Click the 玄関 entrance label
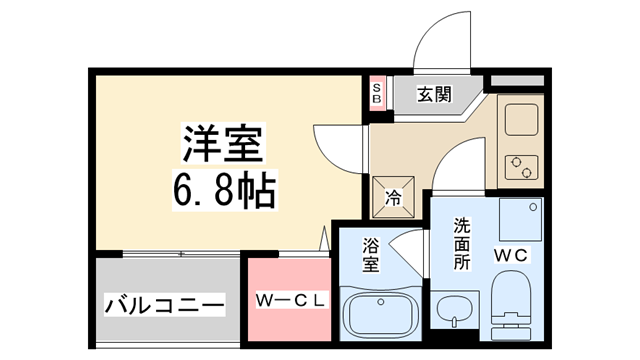tap(433, 96)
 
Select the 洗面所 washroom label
tap(461, 242)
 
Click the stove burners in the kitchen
tap(521, 166)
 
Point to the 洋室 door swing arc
tap(332, 145)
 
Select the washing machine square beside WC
tap(520, 217)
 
